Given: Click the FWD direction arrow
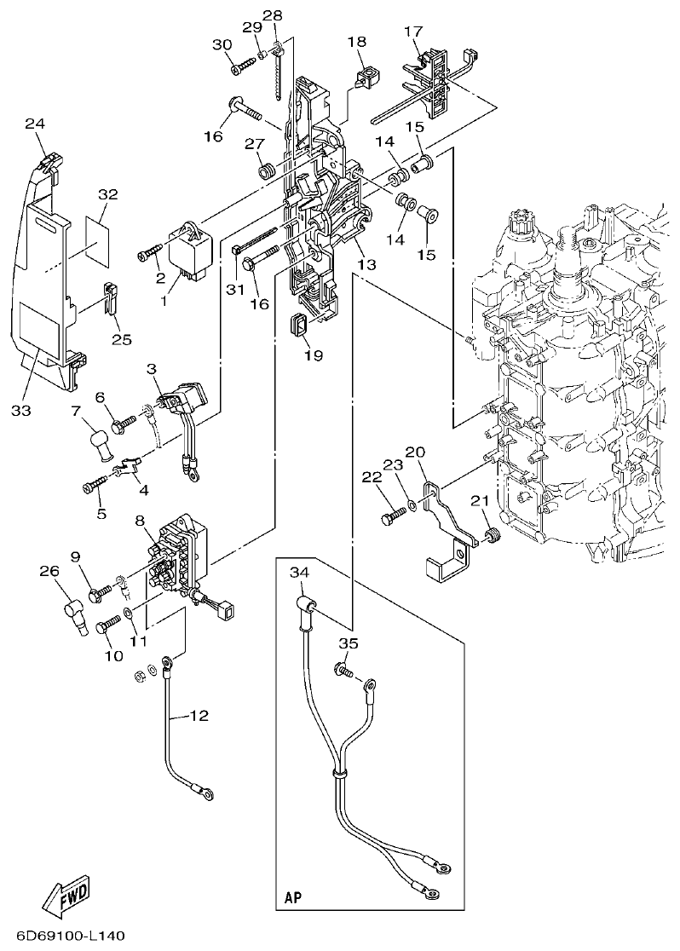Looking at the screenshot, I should (65, 895).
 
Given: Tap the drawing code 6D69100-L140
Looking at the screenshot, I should (63, 937).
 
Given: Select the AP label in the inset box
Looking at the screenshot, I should (292, 898).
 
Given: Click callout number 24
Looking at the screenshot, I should (34, 124).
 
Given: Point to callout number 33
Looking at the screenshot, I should (21, 410).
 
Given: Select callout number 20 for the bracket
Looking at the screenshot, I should (415, 452).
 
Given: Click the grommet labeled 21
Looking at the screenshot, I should (491, 536).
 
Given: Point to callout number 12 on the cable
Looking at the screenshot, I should (198, 716).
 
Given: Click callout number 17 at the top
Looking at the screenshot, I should (412, 32).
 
